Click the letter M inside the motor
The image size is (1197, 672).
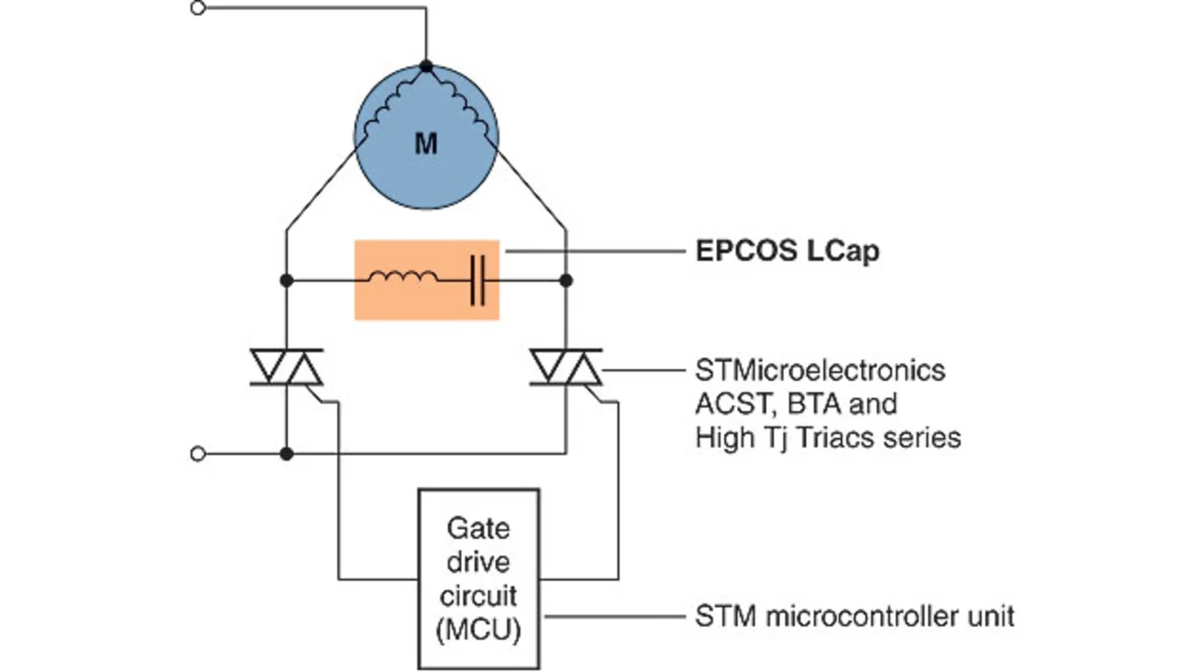[x=425, y=144]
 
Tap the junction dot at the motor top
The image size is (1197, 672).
[x=426, y=66]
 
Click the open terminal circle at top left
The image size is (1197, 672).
[x=197, y=8]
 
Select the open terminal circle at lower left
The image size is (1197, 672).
[x=197, y=453]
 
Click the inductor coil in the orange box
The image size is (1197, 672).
[x=402, y=278]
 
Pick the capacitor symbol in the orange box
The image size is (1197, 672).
[x=477, y=279]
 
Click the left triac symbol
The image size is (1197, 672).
[x=287, y=366]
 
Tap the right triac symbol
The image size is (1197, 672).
[x=566, y=366]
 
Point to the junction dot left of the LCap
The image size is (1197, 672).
[x=287, y=279]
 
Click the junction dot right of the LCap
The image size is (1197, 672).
[x=566, y=279]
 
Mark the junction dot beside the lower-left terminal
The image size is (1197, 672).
[x=287, y=453]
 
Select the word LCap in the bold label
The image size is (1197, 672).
[x=843, y=252]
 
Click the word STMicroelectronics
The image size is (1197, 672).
[x=820, y=370]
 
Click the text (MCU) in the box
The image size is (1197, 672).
[x=478, y=627]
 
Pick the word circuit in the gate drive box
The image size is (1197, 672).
[x=478, y=594]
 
